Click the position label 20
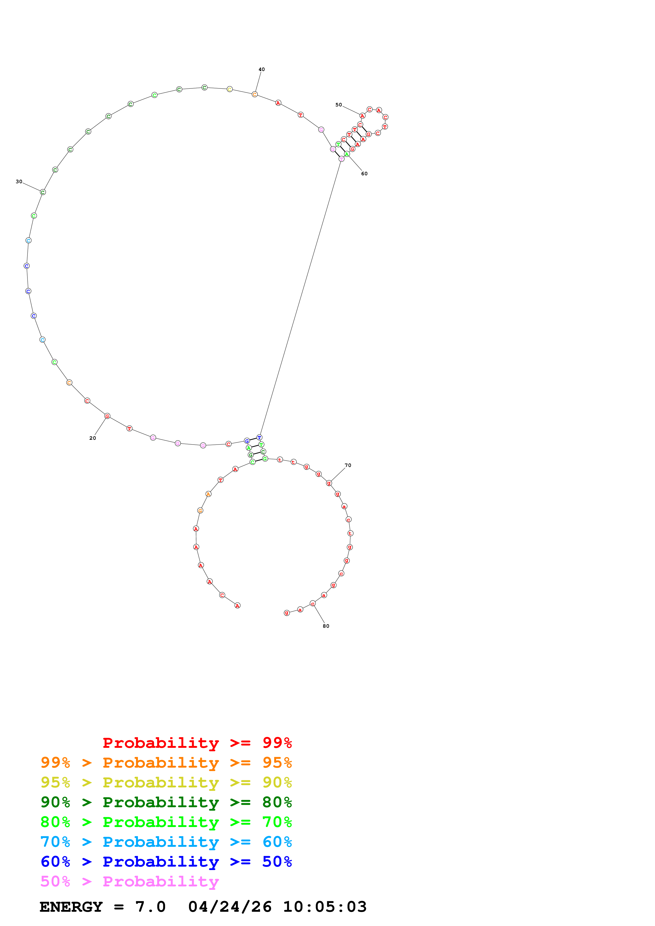tap(92, 438)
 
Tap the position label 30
tap(19, 182)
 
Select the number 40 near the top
tap(262, 69)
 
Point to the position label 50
tap(339, 105)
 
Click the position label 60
tap(364, 174)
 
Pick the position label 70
tap(348, 465)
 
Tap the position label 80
tap(326, 626)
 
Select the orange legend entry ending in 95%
tap(166, 763)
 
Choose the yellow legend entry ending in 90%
tap(166, 782)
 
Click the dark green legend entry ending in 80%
tap(166, 802)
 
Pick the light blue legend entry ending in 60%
tap(166, 842)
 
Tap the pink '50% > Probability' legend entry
tap(129, 881)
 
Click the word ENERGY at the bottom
tap(71, 907)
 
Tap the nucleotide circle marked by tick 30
tap(43, 192)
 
